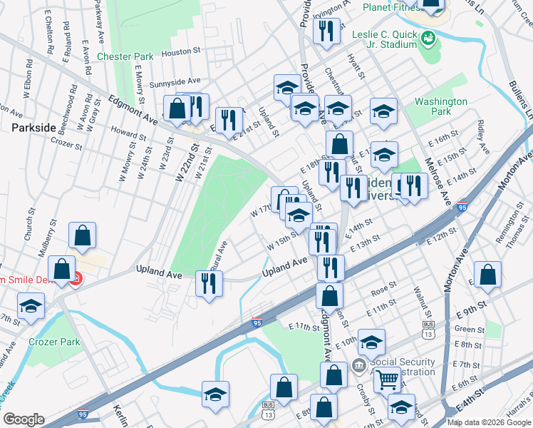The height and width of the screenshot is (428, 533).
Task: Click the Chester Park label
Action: pyautogui.click(x=125, y=56)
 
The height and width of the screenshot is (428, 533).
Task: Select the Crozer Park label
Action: pyautogui.click(x=53, y=342)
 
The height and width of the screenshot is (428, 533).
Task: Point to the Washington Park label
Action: pyautogui.click(x=441, y=106)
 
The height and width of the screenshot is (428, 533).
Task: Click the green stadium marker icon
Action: pyautogui.click(x=429, y=37)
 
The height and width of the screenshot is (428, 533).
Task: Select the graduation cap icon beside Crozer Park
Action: pyautogui.click(x=31, y=307)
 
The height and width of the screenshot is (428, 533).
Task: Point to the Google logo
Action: pyautogui.click(x=24, y=419)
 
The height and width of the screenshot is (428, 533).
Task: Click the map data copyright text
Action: pyautogui.click(x=489, y=422)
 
